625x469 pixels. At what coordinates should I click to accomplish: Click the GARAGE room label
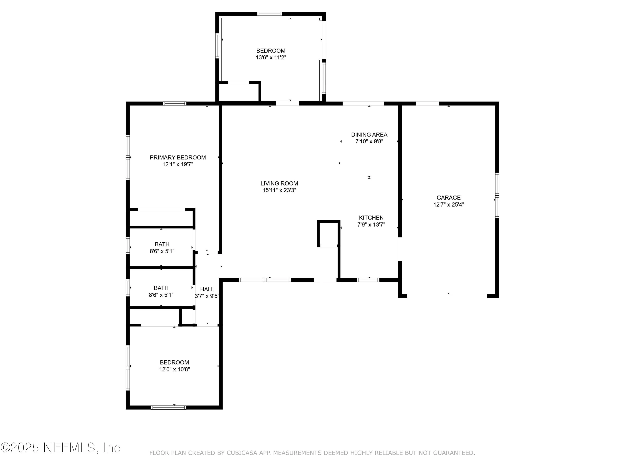coord(448,198)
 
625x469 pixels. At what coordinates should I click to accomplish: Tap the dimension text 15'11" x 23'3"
coord(279,190)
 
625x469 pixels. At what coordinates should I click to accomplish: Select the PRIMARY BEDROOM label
coord(177,157)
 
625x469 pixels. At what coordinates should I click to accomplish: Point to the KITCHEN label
coord(371,218)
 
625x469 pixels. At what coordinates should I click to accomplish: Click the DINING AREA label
coord(369,135)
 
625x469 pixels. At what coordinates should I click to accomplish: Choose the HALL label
coord(207,289)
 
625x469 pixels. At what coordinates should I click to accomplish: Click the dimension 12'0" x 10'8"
coord(174,369)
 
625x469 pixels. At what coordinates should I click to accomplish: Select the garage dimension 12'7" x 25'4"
coord(448,205)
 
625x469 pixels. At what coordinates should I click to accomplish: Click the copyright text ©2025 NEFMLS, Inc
coord(60,448)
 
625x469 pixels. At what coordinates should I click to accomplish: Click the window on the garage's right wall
coord(497,195)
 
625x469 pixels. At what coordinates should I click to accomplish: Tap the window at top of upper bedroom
coord(269,14)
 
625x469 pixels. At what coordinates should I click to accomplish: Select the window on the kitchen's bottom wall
coord(368,280)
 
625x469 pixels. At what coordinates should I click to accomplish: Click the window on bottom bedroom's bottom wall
coord(168,407)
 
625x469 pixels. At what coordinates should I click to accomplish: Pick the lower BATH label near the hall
coord(161,288)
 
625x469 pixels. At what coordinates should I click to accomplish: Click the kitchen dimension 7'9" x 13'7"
coord(371,225)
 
